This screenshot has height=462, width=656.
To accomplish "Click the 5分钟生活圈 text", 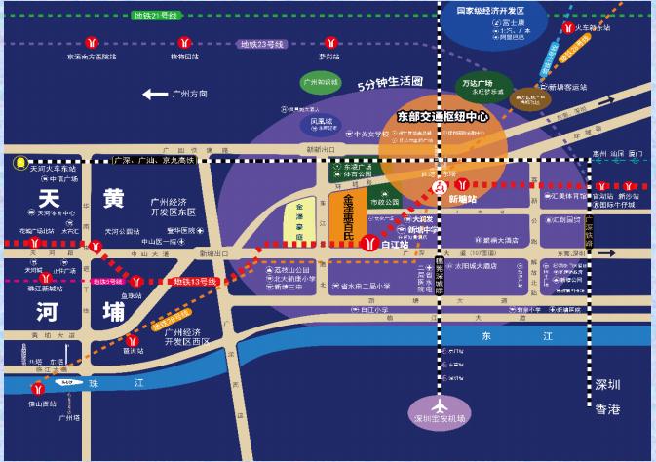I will [390, 82].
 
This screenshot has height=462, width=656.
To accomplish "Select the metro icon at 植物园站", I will [184, 43].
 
